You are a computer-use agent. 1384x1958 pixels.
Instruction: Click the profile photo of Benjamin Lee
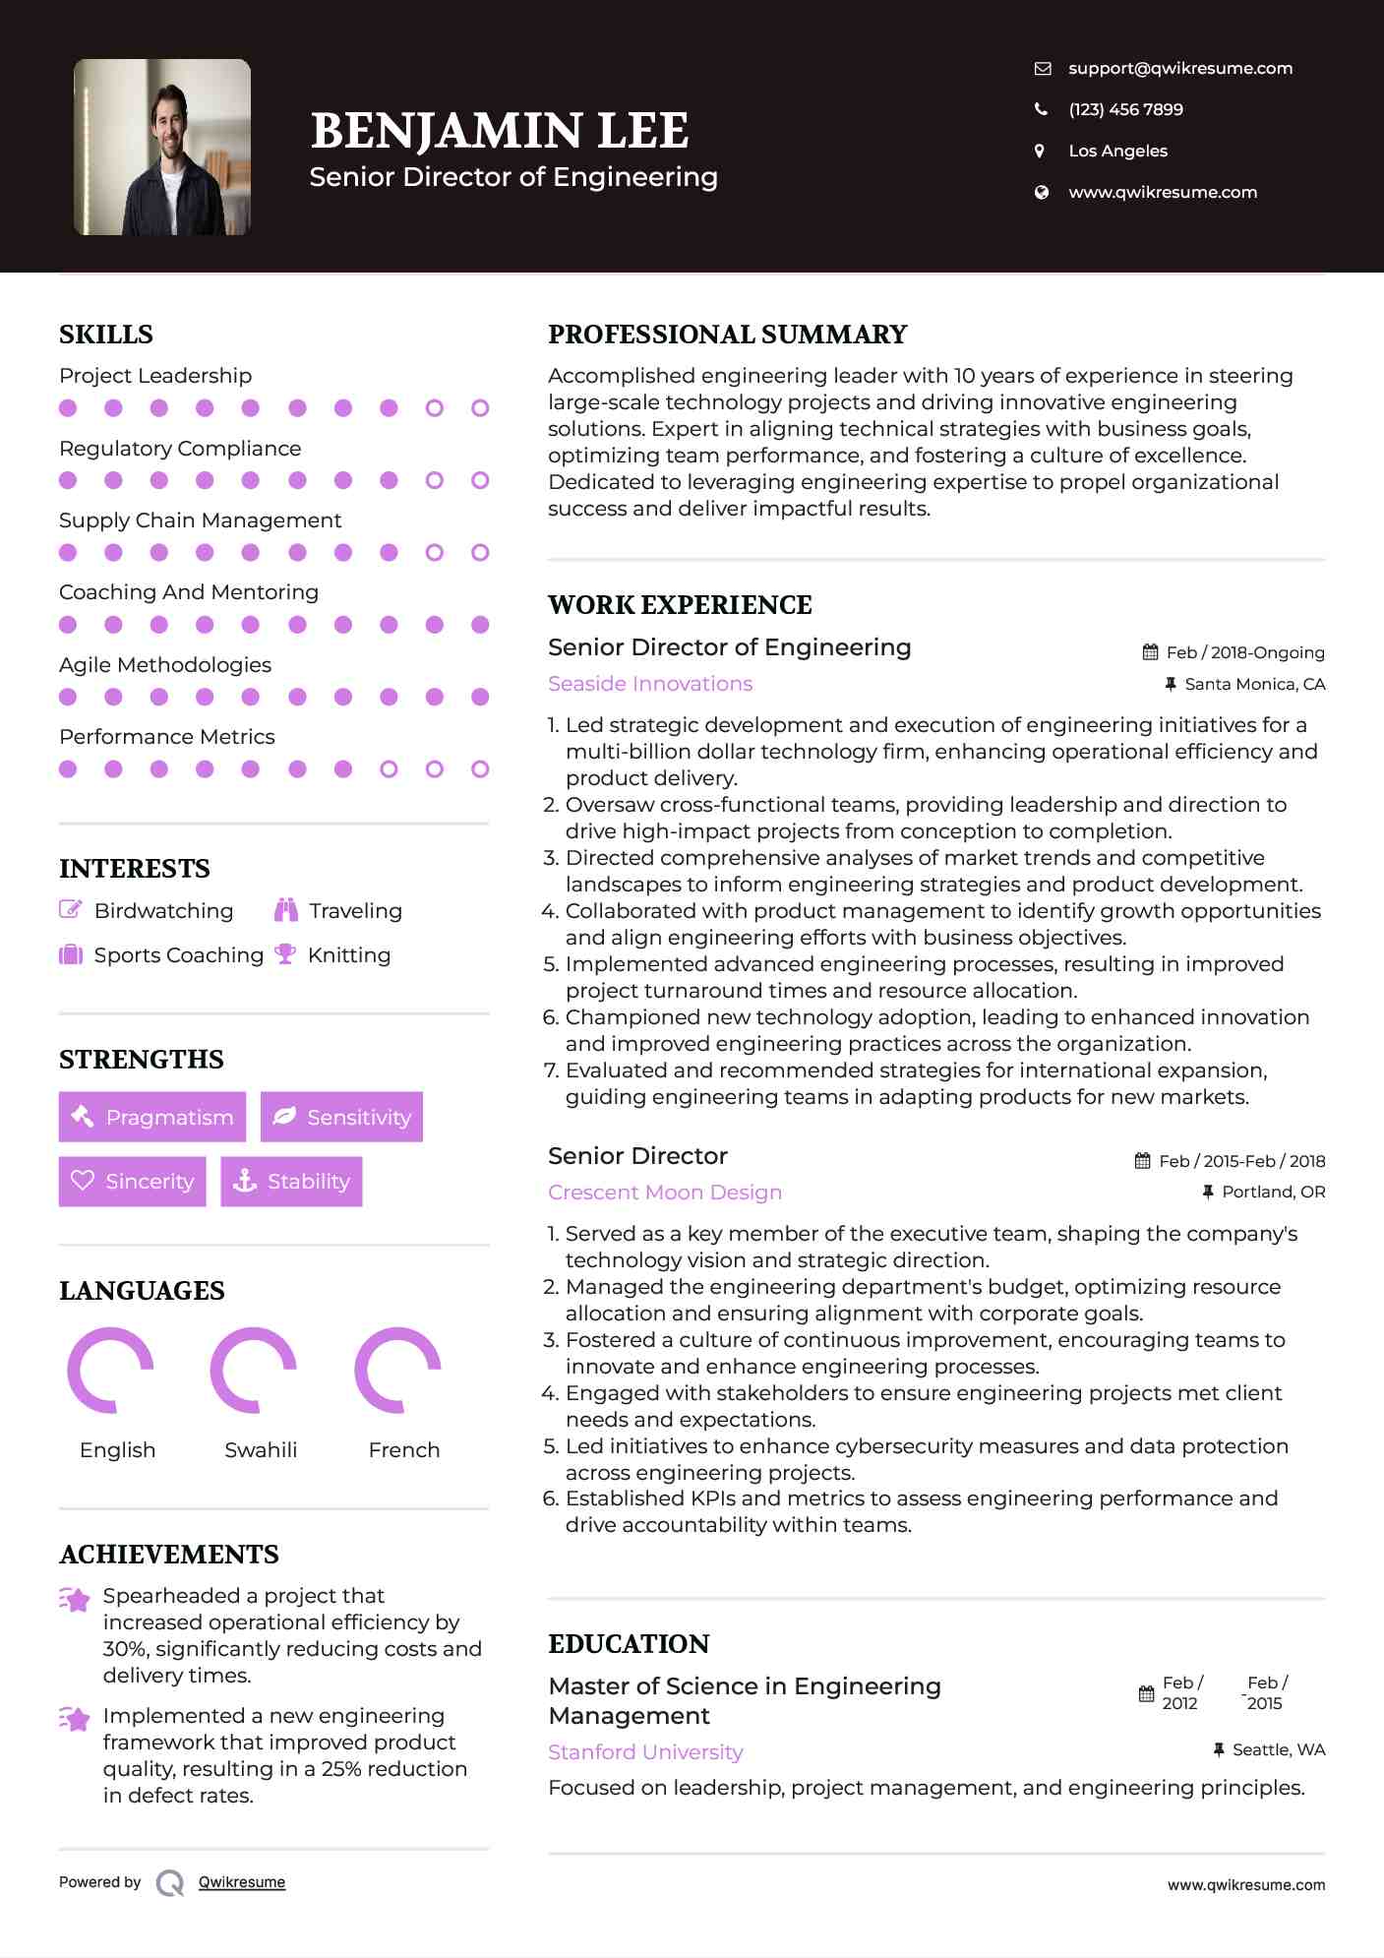point(162,147)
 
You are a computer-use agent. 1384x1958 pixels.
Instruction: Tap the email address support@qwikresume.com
point(1179,68)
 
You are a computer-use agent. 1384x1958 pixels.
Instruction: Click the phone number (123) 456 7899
point(1125,109)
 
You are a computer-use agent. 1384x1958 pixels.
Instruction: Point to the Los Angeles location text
point(1117,151)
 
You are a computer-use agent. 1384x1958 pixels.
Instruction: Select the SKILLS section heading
point(106,335)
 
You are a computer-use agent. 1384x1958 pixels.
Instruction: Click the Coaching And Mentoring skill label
point(189,592)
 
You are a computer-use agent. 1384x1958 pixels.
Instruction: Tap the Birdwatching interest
point(163,911)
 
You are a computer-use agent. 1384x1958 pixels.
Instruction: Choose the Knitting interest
point(348,955)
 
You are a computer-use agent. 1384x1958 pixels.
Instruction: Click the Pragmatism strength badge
point(152,1117)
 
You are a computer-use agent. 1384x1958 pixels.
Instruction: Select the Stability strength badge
point(291,1181)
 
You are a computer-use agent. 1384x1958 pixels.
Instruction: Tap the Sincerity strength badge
point(133,1181)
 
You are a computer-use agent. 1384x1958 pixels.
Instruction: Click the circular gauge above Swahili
point(254,1370)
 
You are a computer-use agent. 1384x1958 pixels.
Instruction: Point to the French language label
point(403,1450)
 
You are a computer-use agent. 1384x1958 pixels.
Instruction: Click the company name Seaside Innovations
point(650,684)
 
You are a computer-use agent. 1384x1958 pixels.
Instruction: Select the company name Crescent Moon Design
point(665,1193)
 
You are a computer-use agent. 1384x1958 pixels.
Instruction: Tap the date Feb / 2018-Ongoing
point(1244,652)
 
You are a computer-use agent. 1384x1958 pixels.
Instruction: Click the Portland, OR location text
point(1273,1192)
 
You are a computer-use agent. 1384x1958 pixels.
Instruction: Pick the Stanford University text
point(645,1752)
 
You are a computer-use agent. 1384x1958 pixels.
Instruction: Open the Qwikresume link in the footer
point(242,1882)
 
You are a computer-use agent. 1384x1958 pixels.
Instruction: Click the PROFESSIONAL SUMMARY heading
point(727,335)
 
